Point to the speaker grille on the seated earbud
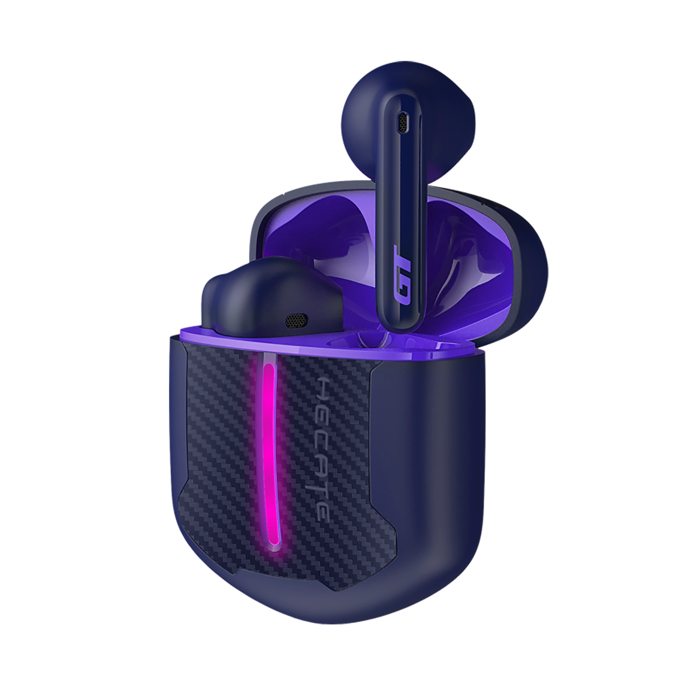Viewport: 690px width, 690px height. pos(296,309)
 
